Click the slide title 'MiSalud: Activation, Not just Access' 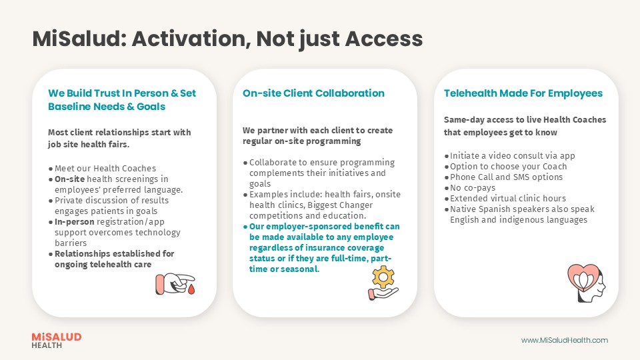[x=227, y=39]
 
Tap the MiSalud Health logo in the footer [x=57, y=341]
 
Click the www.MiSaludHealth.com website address [x=564, y=340]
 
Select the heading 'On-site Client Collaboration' [x=313, y=93]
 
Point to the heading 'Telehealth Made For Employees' [x=523, y=93]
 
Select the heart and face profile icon [x=585, y=283]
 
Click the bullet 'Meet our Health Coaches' [x=105, y=168]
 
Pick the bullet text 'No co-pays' [x=473, y=187]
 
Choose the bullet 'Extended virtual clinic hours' [x=507, y=198]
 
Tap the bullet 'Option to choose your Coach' [x=508, y=166]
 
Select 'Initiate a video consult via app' [x=512, y=155]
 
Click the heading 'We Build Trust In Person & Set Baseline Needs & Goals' [x=122, y=100]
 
